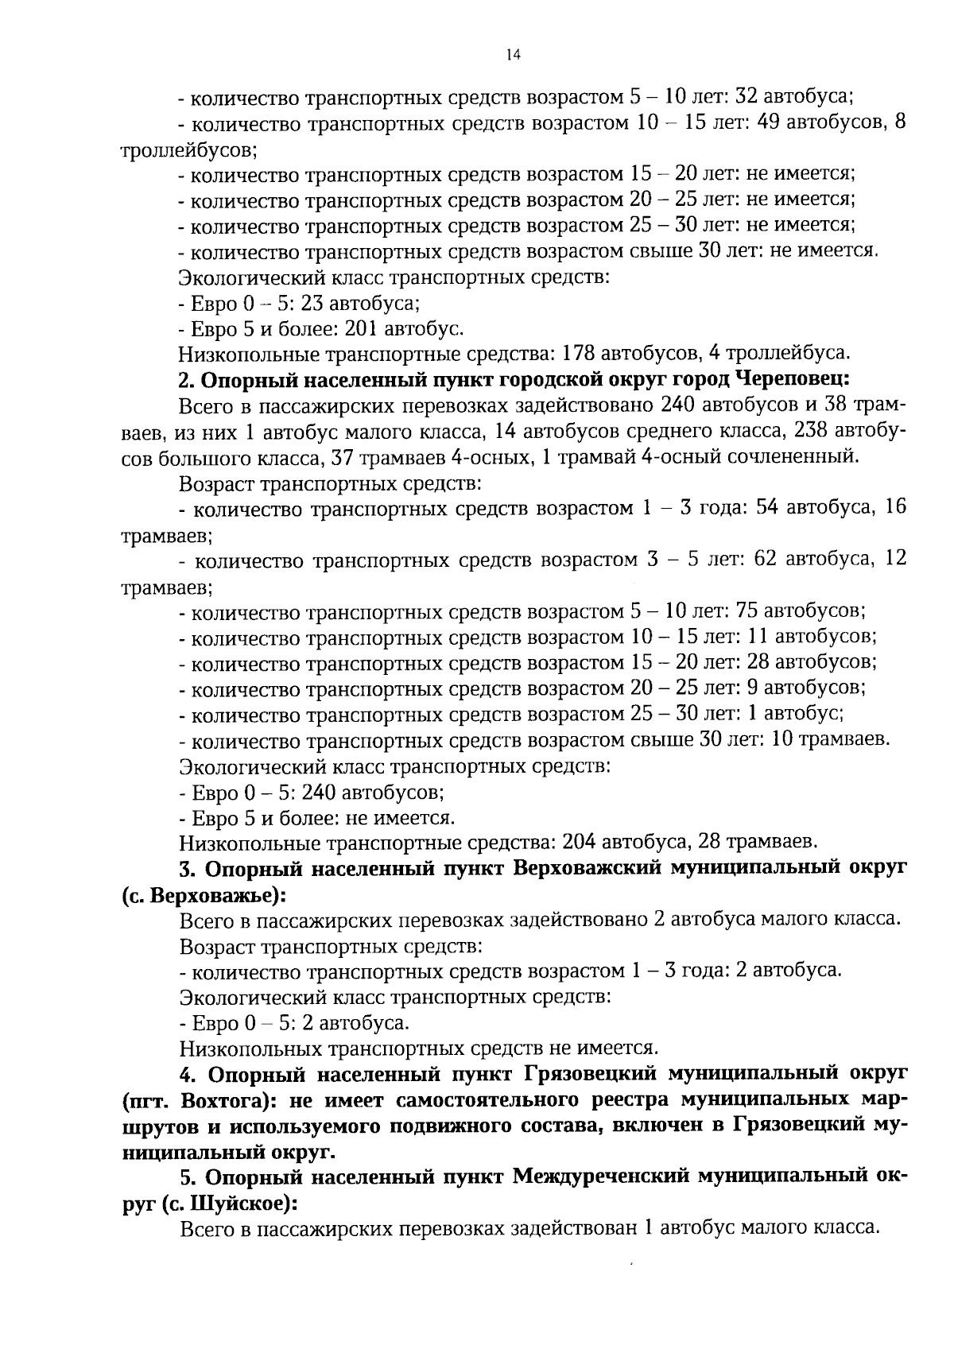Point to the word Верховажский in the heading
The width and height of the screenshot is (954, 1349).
coord(588,868)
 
